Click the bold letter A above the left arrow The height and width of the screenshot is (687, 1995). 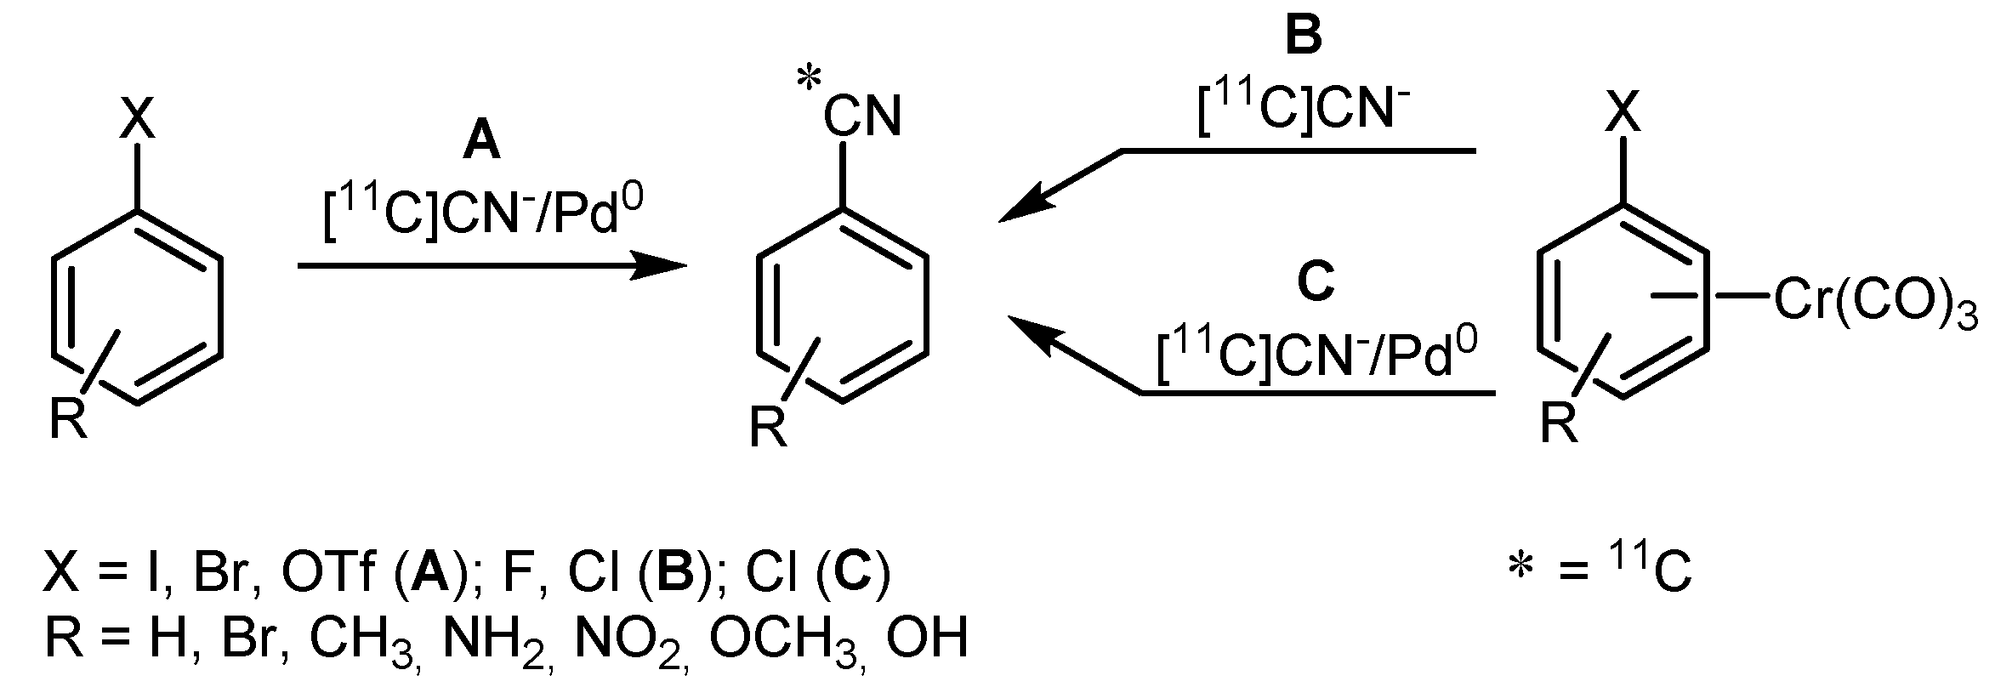click(x=481, y=142)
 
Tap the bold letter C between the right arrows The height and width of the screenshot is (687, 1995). click(x=1316, y=283)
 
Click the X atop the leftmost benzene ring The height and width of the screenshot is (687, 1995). click(x=137, y=119)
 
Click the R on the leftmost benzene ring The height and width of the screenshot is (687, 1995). click(x=68, y=418)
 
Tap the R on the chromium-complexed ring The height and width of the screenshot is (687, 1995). click(x=1559, y=423)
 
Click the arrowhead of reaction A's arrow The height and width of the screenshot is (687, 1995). click(x=663, y=266)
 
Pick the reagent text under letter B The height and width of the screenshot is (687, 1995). click(x=1298, y=111)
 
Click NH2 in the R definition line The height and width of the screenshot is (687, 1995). click(x=494, y=639)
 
